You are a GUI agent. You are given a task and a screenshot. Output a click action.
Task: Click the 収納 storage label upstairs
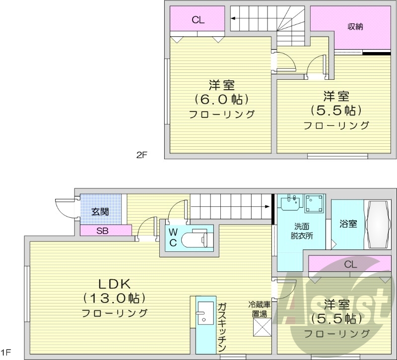pos(353,27)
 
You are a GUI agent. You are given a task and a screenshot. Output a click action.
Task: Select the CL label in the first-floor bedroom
pos(350,264)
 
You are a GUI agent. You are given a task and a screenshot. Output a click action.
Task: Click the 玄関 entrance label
pos(100,212)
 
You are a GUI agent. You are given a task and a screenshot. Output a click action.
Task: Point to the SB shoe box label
pos(103,230)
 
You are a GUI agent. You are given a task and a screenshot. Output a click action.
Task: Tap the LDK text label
pos(114,284)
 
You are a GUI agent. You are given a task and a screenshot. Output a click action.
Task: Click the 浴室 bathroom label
pos(348,224)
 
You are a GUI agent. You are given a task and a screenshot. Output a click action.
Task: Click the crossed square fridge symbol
pos(261,328)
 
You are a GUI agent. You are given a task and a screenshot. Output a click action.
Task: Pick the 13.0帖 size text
pos(114,299)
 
